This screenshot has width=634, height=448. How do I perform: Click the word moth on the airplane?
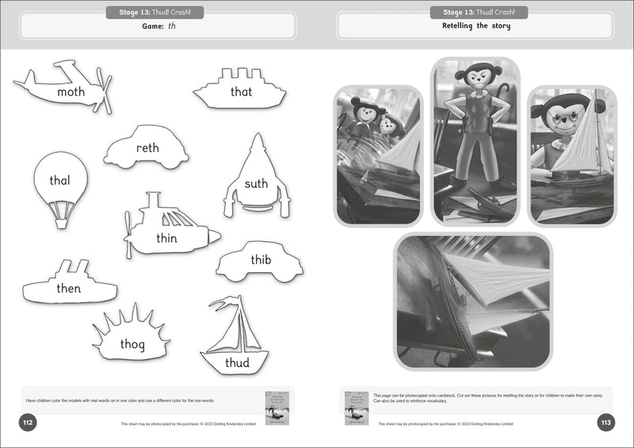[71, 93]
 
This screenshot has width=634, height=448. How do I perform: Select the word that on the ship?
[241, 92]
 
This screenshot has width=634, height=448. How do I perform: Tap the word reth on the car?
[147, 148]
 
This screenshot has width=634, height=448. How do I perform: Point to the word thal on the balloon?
[59, 180]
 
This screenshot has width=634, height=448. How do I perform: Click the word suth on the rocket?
[256, 184]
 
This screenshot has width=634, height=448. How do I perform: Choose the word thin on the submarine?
[166, 238]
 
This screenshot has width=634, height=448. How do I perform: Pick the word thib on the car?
[261, 260]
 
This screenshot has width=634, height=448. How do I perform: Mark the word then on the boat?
[69, 288]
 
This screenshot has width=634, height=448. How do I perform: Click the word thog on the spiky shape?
[132, 344]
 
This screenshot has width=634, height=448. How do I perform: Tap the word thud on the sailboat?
[236, 363]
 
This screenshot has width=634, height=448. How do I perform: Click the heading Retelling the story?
[475, 26]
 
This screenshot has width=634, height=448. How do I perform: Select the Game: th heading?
[151, 26]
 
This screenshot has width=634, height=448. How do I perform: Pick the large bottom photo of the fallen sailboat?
[473, 301]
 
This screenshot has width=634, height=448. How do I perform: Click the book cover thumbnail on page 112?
[277, 407]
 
